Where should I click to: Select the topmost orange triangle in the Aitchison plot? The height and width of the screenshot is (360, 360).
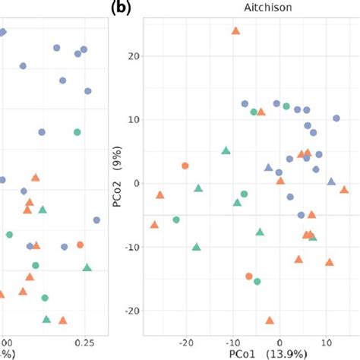tap(235, 31)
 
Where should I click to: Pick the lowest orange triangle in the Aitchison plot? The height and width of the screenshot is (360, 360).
tap(270, 321)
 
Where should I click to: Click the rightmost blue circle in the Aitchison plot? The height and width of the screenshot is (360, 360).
tap(336, 118)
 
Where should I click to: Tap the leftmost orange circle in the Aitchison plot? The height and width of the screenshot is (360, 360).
tap(185, 166)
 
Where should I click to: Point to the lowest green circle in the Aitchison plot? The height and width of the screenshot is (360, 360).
tap(257, 282)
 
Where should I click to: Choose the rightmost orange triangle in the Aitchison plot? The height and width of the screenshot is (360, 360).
tap(344, 190)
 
